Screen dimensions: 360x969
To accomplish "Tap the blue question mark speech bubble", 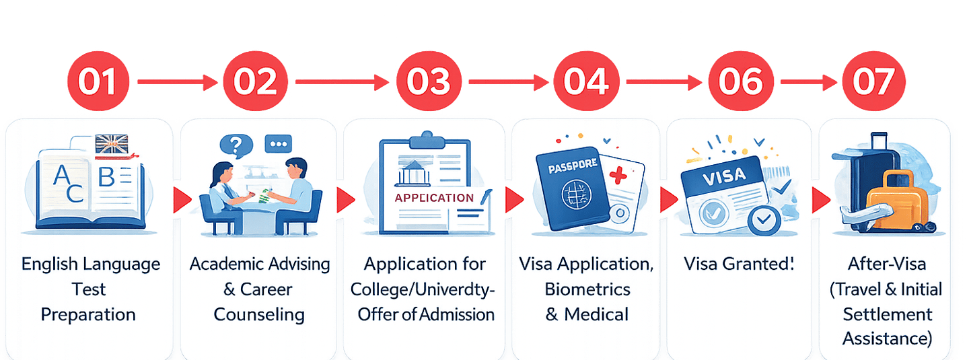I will (235, 144).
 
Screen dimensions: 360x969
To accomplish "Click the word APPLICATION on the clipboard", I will (434, 198).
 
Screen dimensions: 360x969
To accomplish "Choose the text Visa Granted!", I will (739, 264).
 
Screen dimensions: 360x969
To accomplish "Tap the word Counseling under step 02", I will (259, 314).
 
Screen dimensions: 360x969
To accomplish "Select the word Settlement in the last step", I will (888, 314).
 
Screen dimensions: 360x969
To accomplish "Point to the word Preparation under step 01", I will (88, 314).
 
